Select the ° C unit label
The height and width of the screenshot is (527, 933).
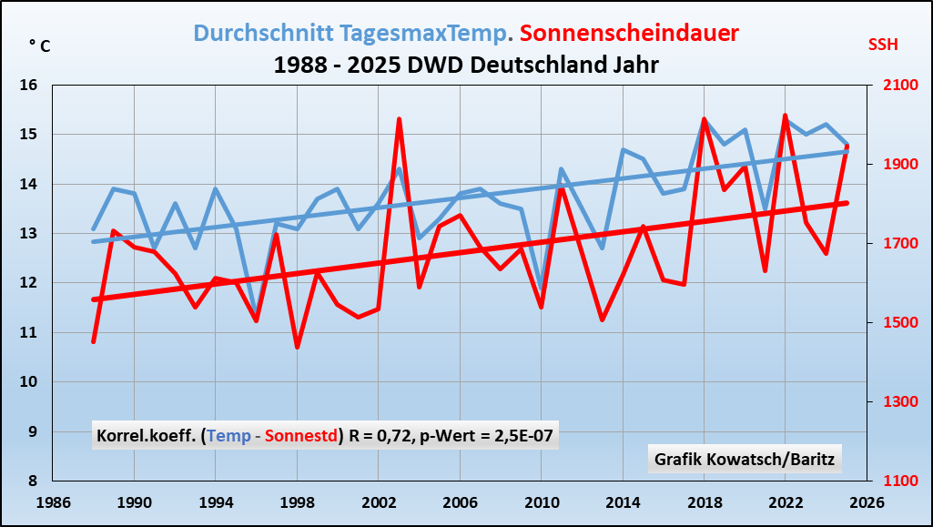click(39, 46)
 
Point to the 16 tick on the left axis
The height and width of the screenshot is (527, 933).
click(29, 86)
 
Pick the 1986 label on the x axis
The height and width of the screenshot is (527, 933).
click(53, 502)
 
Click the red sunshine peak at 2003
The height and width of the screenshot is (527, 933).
click(399, 119)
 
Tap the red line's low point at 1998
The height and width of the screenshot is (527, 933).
click(297, 347)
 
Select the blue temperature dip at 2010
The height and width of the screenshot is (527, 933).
click(541, 290)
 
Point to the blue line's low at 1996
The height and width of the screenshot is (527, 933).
click(256, 315)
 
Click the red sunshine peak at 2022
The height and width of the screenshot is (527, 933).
click(785, 116)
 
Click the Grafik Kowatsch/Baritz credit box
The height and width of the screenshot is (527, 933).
click(744, 459)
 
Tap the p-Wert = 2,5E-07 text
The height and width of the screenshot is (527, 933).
click(484, 436)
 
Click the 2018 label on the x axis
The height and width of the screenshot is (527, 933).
click(704, 502)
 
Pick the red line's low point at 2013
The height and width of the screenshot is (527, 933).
click(602, 319)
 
